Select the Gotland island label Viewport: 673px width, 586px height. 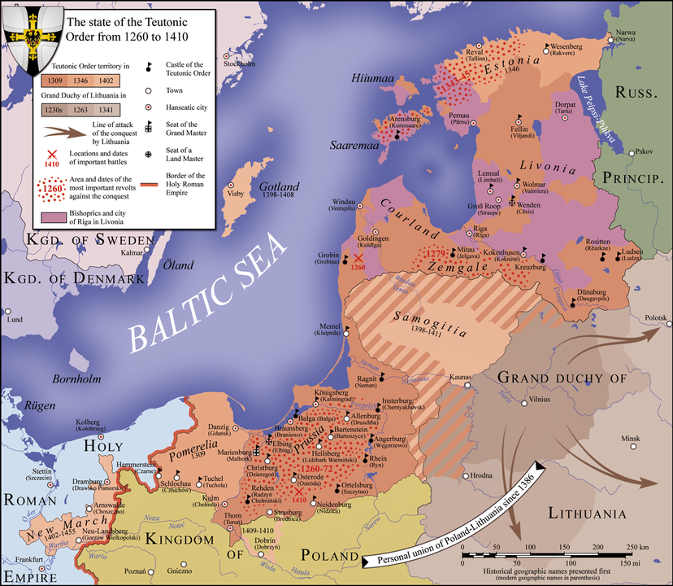(x=279, y=186)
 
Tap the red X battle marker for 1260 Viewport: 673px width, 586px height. (x=358, y=258)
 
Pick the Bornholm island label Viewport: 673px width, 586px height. (x=76, y=378)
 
